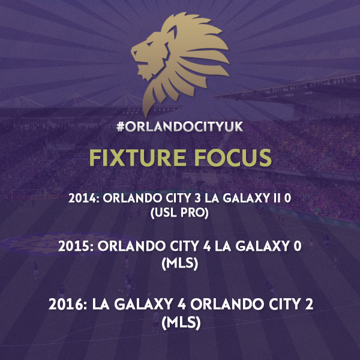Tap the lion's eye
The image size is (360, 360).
(149, 43)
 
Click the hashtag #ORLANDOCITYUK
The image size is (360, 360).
(180, 127)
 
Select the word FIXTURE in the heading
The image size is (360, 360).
(137, 158)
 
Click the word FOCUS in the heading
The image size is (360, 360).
(233, 158)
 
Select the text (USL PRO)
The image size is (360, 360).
(179, 212)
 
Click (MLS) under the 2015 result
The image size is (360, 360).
(180, 263)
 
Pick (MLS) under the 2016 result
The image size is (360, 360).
(181, 323)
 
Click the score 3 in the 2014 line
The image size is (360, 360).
(197, 198)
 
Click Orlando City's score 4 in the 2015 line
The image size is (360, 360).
(206, 247)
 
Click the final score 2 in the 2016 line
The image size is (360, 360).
(309, 304)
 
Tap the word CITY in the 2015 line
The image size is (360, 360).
(185, 247)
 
